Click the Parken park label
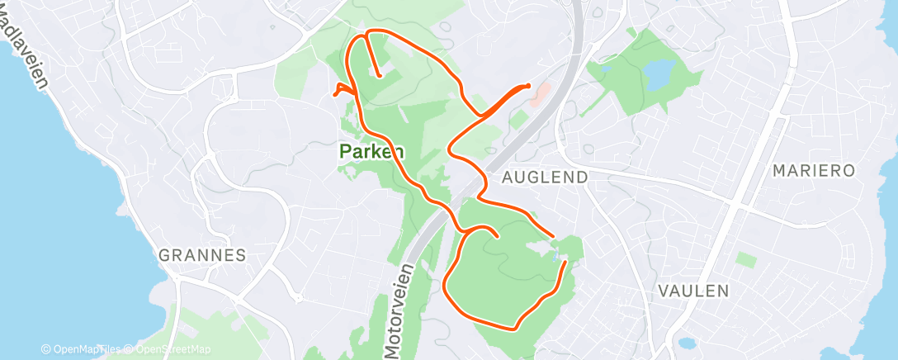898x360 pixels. pos(371,152)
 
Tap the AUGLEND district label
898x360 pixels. pos(546,177)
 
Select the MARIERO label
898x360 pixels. pos(814,170)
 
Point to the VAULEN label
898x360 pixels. pos(694,291)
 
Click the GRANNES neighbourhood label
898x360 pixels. pos(202,255)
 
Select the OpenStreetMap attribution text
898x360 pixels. pos(171,350)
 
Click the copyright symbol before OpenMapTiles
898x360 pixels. pos(45,350)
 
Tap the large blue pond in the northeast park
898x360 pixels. pos(659,75)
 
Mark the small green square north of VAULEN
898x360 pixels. pos(746,259)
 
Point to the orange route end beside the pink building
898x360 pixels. pos(527,85)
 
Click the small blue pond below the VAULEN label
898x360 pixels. pos(685,342)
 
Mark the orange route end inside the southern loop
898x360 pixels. pos(497,237)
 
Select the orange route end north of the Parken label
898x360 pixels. pos(378,75)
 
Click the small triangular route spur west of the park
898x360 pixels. pos(341,89)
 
